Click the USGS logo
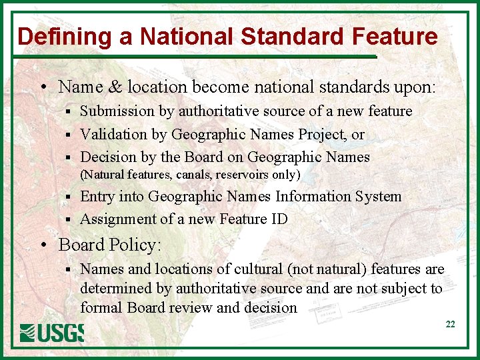52,332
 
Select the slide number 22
450,324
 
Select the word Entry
97,196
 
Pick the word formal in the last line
100,307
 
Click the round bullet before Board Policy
43,245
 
